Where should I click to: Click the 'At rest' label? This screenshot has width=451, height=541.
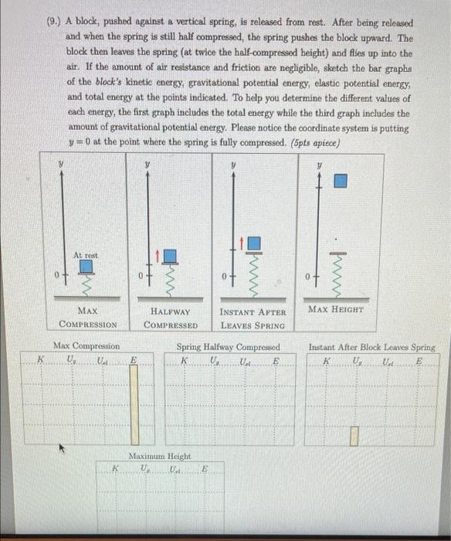pyautogui.click(x=86, y=255)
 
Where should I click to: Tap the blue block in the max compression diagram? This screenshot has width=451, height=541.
pyautogui.click(x=87, y=267)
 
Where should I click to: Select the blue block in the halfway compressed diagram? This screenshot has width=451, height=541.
pyautogui.click(x=171, y=255)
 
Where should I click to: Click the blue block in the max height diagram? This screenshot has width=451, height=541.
pyautogui.click(x=341, y=180)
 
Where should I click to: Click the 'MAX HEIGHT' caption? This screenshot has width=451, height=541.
pyautogui.click(x=337, y=310)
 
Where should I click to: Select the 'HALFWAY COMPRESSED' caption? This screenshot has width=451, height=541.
pyautogui.click(x=172, y=318)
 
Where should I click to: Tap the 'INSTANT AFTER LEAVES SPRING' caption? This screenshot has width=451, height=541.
pyautogui.click(x=253, y=318)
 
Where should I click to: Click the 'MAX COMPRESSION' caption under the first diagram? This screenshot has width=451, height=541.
pyautogui.click(x=87, y=318)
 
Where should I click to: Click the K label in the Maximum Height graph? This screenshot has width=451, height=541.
pyautogui.click(x=114, y=468)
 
